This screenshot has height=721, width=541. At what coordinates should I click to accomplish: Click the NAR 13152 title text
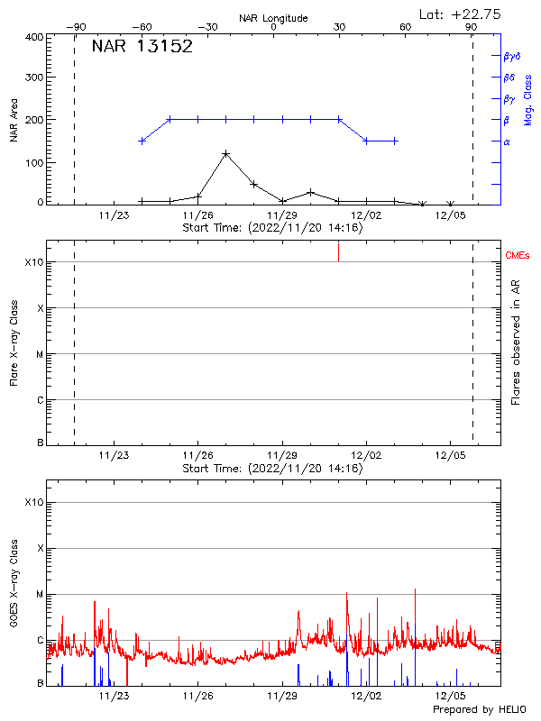(x=142, y=47)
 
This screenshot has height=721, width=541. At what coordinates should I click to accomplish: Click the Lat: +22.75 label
(x=461, y=14)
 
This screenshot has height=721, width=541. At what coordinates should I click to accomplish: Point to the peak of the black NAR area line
(x=225, y=153)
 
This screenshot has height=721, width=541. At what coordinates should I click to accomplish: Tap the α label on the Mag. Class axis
(x=507, y=141)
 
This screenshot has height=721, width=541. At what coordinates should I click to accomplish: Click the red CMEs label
(x=518, y=257)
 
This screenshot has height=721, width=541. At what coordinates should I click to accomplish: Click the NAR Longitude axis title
(x=273, y=18)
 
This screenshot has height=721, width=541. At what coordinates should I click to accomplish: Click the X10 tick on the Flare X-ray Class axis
(x=33, y=262)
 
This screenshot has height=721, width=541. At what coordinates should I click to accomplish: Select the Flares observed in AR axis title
(x=515, y=342)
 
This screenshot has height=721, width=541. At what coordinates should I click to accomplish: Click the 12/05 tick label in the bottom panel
(x=451, y=696)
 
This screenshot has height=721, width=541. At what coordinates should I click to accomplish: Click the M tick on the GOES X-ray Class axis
(x=39, y=595)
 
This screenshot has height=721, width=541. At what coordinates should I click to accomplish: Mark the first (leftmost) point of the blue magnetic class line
(x=142, y=141)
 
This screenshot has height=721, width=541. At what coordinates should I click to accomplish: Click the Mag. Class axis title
(x=527, y=99)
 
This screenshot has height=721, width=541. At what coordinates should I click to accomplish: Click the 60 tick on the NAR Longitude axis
(x=406, y=28)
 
